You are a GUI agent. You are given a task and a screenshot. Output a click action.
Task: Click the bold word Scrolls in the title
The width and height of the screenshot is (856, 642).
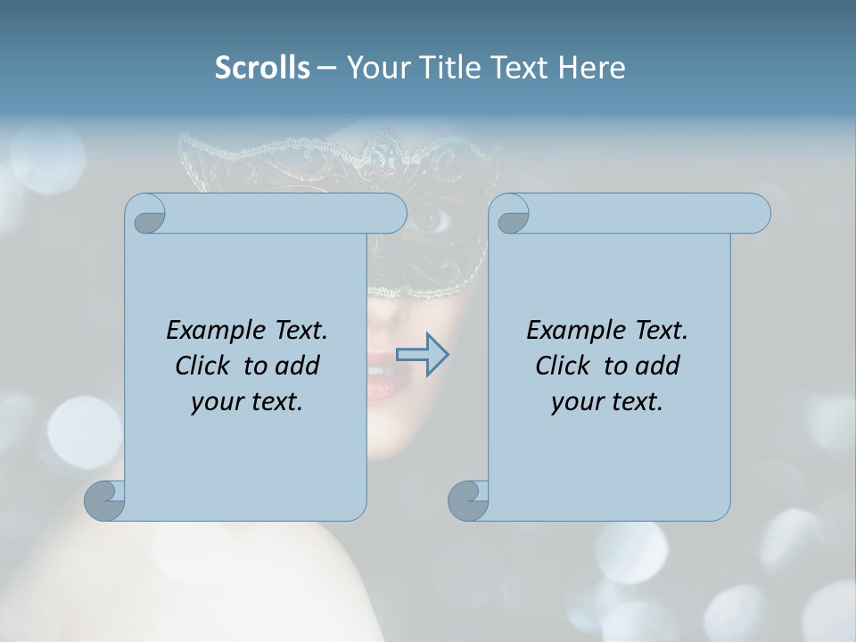263,68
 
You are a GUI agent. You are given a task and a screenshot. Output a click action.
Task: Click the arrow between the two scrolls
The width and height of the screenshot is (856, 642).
422,355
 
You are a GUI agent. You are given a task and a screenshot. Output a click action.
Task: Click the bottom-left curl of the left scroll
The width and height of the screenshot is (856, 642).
105,500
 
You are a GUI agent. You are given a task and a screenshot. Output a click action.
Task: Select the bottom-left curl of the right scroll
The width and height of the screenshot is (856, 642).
468,500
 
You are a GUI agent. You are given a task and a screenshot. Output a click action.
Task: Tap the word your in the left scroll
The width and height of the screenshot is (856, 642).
217,402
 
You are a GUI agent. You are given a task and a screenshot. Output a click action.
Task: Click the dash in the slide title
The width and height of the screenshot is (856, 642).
327,68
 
